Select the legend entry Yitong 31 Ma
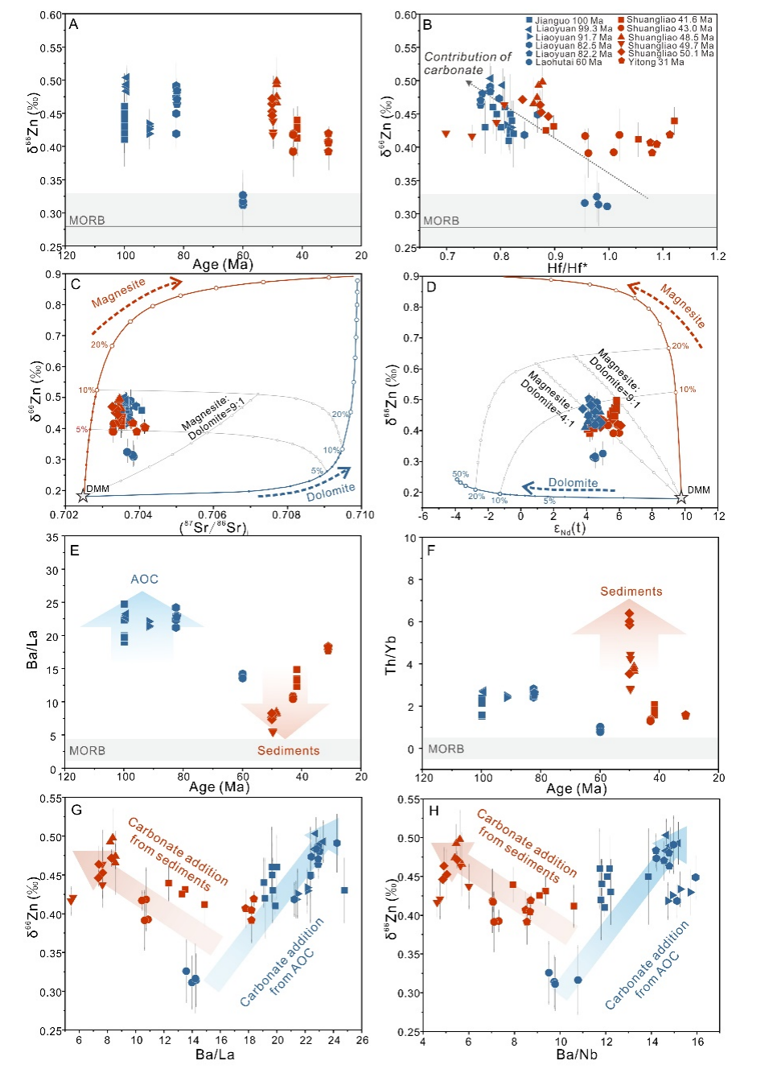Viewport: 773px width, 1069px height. point(655,62)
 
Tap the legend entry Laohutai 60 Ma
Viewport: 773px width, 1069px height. point(568,62)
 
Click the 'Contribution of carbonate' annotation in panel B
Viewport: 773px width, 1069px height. point(467,63)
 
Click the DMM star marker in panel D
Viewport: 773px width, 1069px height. point(681,497)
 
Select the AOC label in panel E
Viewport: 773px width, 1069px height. point(145,579)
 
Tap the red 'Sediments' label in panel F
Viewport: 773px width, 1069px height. point(631,591)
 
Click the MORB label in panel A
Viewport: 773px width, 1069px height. point(87,220)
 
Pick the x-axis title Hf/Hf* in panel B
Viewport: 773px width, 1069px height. point(567,267)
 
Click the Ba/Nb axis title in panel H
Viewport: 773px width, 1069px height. point(577,1054)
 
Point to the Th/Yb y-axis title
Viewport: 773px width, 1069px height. point(391,654)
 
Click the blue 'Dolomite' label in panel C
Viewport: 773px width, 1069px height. point(331,492)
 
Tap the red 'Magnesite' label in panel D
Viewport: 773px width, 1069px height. point(683,305)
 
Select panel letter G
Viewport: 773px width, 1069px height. point(76,809)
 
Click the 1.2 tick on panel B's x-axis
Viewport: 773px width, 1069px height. point(717,256)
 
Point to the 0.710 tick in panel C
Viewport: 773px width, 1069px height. point(360,515)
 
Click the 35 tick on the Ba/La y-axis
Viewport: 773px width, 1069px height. point(52,537)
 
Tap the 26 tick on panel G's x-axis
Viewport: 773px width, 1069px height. point(362,1040)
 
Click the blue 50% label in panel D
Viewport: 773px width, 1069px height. point(460,474)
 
